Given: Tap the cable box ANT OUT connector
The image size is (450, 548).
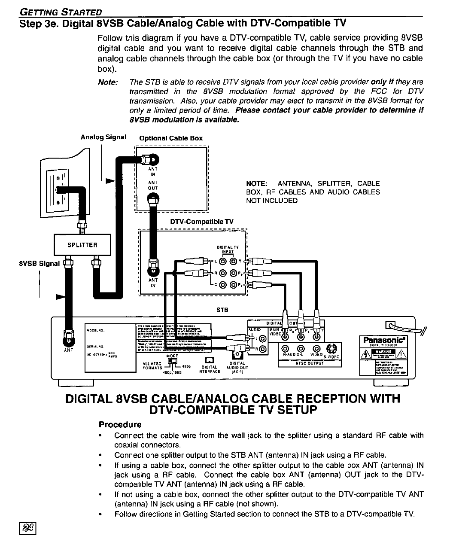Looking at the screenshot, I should pos(152,199).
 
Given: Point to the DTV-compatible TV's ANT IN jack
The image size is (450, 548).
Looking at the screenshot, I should pos(152,269).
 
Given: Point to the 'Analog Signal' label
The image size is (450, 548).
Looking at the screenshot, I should pos(103,137).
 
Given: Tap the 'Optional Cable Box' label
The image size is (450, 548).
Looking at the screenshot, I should pos(171,138).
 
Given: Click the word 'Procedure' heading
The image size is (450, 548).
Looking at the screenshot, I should pos(120,425).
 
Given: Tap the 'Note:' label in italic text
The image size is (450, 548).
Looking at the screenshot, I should pos(108,82).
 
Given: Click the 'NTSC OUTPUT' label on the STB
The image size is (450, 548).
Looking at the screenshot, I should pos(309,363).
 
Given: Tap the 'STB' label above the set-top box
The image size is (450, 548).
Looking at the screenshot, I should pos(222,310).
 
